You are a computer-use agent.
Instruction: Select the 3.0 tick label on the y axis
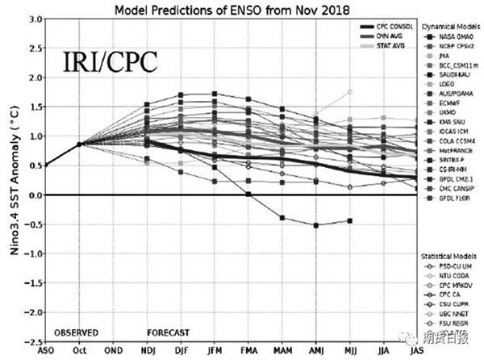pos(35,19)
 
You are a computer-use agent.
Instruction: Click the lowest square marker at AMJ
pos(316,225)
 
